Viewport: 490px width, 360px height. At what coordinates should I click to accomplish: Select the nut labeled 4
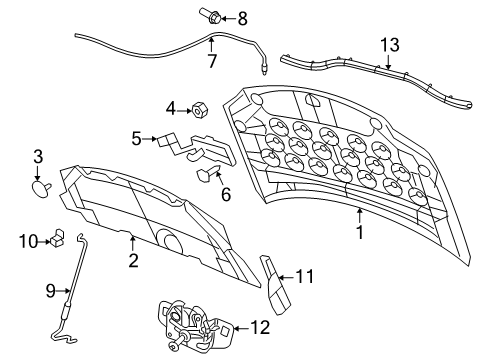(x=197, y=108)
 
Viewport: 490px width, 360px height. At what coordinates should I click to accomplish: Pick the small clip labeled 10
(x=57, y=238)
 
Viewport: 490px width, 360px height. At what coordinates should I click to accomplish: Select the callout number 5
(x=136, y=139)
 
